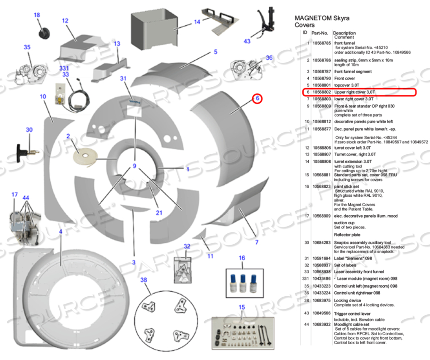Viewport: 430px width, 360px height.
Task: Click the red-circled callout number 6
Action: (257, 98)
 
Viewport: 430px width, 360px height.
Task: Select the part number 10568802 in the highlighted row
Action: (321, 92)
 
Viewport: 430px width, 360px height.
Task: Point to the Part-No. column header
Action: (320, 33)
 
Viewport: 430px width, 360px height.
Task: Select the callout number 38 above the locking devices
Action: (143, 280)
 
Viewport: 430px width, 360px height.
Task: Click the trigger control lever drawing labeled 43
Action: (265, 23)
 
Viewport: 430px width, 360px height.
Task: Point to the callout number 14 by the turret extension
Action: (197, 22)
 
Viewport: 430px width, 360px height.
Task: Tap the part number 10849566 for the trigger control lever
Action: (321, 312)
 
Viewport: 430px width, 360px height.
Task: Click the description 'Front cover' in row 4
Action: (345, 78)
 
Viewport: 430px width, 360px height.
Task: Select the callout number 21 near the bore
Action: (159, 213)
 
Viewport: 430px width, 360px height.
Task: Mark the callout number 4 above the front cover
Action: (60, 232)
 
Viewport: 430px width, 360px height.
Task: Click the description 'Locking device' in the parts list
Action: (347, 299)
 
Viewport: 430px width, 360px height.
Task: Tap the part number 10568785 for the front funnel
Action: (321, 43)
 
